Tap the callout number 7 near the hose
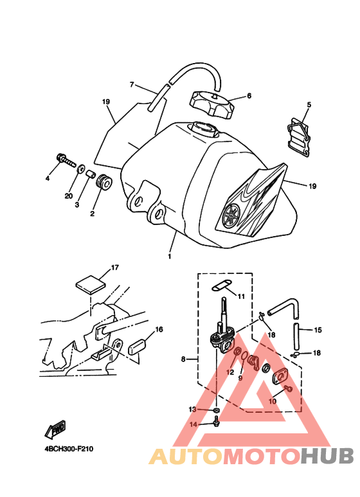132,85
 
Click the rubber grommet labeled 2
104,183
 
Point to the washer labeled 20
81,168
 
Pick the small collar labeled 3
91,174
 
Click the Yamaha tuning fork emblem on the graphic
231,215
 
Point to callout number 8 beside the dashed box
183,359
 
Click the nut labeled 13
217,410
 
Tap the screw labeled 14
216,422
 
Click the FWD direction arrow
55,430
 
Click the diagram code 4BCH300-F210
69,449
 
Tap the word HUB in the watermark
327,456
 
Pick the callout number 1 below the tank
170,256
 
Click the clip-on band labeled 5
298,137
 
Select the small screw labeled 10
289,388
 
